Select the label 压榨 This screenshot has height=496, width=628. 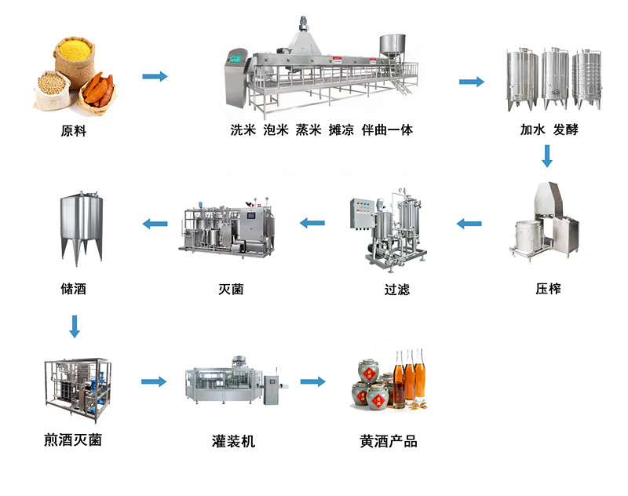[548, 289]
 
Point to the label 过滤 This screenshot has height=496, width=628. [396, 290]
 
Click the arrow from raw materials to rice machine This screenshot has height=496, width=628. [155, 76]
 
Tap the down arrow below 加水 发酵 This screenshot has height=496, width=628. [548, 157]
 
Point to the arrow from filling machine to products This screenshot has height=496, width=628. [312, 381]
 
